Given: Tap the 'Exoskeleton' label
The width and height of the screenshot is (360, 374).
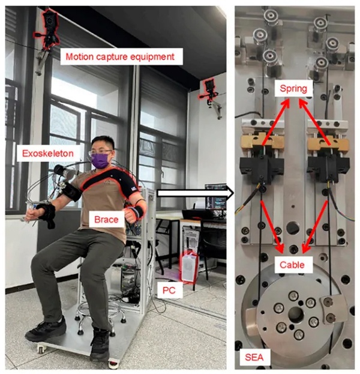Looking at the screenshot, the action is pyautogui.click(x=48, y=153).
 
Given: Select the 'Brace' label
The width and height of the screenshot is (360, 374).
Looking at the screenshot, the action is pyautogui.click(x=106, y=220).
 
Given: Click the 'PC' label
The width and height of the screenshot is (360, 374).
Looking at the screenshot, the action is pyautogui.click(x=169, y=291).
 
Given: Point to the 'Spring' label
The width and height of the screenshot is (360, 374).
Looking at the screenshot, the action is pyautogui.click(x=293, y=88).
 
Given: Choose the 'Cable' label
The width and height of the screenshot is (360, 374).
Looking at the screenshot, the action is pyautogui.click(x=292, y=265).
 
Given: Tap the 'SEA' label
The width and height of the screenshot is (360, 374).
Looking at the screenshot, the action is pyautogui.click(x=254, y=357).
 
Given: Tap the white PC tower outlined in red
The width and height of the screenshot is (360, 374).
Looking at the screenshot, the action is pyautogui.click(x=190, y=267).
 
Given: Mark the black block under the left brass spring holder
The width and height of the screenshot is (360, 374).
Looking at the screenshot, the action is pyautogui.click(x=262, y=168).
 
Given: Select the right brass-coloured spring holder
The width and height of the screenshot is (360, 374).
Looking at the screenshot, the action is pyautogui.click(x=328, y=143).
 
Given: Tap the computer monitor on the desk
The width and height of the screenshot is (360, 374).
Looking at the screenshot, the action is pyautogui.click(x=216, y=196).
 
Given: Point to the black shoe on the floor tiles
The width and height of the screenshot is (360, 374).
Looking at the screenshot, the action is pyautogui.click(x=45, y=328).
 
